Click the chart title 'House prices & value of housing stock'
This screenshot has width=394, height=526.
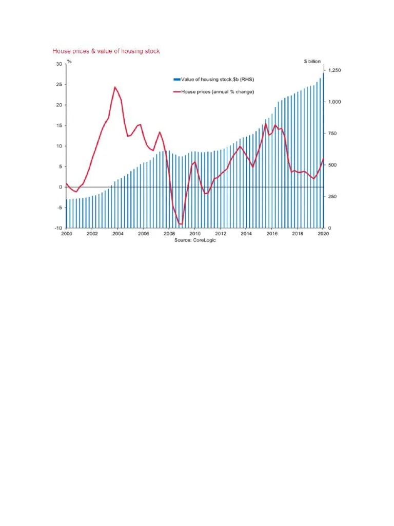106,51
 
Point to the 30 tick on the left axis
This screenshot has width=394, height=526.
59,64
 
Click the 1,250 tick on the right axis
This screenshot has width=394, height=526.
334,70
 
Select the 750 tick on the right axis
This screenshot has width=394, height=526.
332,134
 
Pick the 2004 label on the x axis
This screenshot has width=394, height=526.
117,234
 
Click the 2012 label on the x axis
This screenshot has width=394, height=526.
220,234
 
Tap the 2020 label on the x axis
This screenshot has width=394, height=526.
323,234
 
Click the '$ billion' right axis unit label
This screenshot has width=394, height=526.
312,61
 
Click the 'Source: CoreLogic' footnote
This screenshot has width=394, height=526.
195,240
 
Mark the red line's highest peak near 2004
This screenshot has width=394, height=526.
115,87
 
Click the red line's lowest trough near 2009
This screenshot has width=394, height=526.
181,224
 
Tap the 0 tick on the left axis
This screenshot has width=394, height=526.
61,187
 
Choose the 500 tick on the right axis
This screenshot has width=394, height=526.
332,165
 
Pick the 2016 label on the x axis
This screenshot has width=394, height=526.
271,234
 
